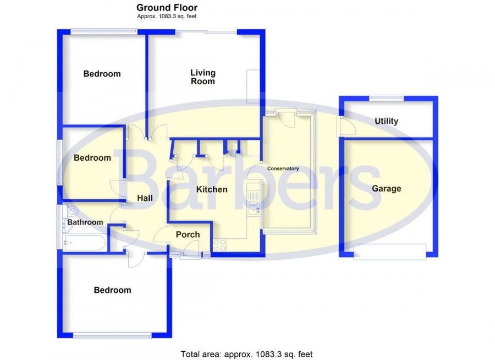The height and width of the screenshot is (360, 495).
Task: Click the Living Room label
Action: click(202, 77)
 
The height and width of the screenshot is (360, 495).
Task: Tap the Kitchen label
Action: click(212, 189)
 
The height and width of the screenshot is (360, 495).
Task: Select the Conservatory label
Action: click(283, 168)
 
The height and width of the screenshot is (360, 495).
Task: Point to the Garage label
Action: click(387, 189)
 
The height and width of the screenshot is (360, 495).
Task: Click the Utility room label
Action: click(387, 121)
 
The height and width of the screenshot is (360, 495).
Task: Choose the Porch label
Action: click(188, 234)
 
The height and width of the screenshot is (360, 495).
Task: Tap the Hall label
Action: click(145, 198)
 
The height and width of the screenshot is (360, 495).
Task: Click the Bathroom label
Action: click(85, 222)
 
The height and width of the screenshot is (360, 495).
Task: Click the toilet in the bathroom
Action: click(71, 211)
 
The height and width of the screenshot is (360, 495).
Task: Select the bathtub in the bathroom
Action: click(84, 242)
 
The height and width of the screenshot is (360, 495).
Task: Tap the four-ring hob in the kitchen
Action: click(219, 245)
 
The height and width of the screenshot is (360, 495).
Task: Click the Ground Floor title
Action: click(167, 8)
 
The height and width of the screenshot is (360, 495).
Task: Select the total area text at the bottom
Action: click(246, 354)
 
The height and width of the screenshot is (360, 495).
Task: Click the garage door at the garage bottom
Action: click(390, 252)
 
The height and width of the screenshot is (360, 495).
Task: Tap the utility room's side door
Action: click(346, 127)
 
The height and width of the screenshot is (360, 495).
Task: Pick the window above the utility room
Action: click(387, 98)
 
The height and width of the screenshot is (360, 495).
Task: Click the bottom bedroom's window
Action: click(112, 336)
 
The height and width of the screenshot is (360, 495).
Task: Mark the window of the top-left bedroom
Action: click(104, 31)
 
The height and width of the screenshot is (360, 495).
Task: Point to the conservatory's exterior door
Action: click(287, 117)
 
